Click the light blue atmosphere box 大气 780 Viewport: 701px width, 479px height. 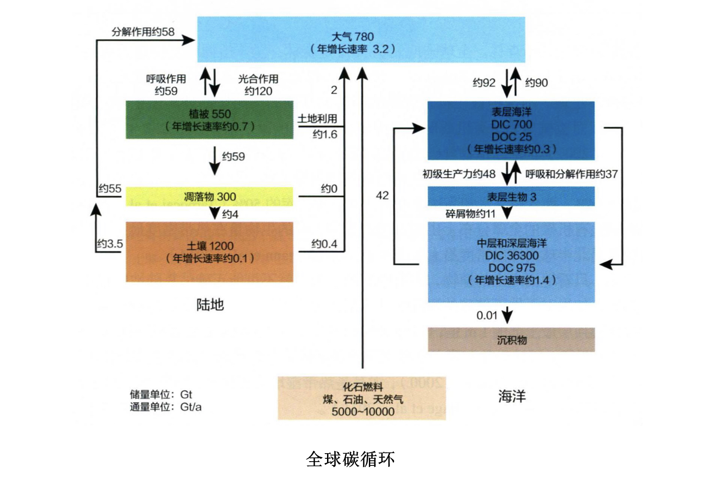coord(361,40)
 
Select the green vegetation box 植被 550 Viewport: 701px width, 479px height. coord(209,120)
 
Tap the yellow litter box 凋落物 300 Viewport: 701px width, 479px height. coord(209,197)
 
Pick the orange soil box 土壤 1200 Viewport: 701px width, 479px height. coord(209,252)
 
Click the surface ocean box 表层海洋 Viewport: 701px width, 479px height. coord(511,130)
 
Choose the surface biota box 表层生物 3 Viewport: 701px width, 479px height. coord(511,197)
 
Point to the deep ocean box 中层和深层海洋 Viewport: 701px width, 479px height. coord(511,262)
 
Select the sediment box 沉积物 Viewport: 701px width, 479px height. coord(511,340)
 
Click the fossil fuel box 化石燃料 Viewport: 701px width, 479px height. coord(362,399)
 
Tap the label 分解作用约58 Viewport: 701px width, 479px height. coord(143,32)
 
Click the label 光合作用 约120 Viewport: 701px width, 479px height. coord(258,85)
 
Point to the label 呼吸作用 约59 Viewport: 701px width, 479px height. coord(166,85)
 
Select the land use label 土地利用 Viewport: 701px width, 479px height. coord(317,119)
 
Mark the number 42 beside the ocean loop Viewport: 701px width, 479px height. coord(382,196)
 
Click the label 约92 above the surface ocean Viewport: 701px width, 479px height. coord(484,83)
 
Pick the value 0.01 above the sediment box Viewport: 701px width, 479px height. coord(487,316)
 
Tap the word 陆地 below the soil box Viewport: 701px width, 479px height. coord(210,305)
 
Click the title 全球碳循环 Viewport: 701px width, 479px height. coord(350,459)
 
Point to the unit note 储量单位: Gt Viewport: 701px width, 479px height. coord(161,395)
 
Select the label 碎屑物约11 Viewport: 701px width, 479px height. coord(470,214)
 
